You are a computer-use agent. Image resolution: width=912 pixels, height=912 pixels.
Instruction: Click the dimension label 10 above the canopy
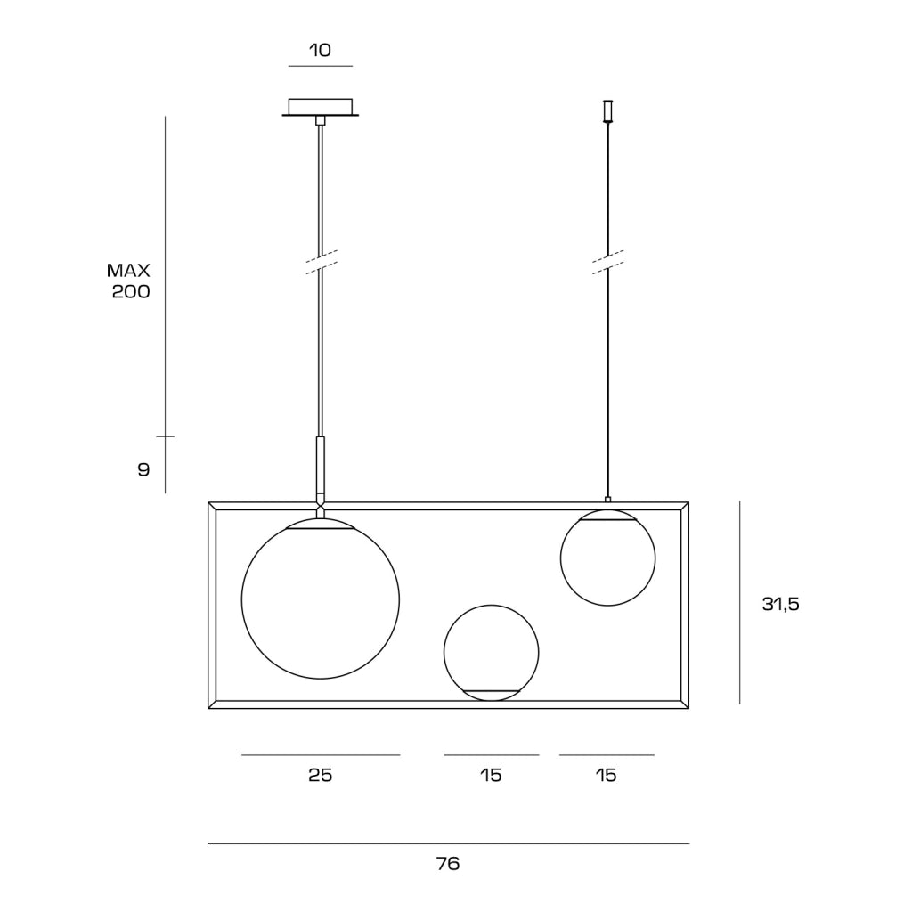pyautogui.click(x=320, y=50)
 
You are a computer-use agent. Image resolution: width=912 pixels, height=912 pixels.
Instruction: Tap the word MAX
pyautogui.click(x=128, y=271)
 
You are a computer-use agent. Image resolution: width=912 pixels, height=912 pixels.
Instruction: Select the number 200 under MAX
pyautogui.click(x=131, y=291)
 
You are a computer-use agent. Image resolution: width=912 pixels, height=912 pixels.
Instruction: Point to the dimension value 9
pyautogui.click(x=143, y=469)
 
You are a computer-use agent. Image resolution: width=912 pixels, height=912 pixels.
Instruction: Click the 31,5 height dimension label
pyautogui.click(x=780, y=605)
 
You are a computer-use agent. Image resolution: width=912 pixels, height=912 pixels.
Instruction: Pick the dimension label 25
pyautogui.click(x=320, y=776)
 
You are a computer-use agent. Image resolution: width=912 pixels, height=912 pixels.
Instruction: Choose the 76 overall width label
pyautogui.click(x=448, y=864)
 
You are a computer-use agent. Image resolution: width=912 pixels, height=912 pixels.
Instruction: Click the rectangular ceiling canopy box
pyautogui.click(x=321, y=107)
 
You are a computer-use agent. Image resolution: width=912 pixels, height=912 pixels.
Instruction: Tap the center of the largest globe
pyautogui.click(x=321, y=599)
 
